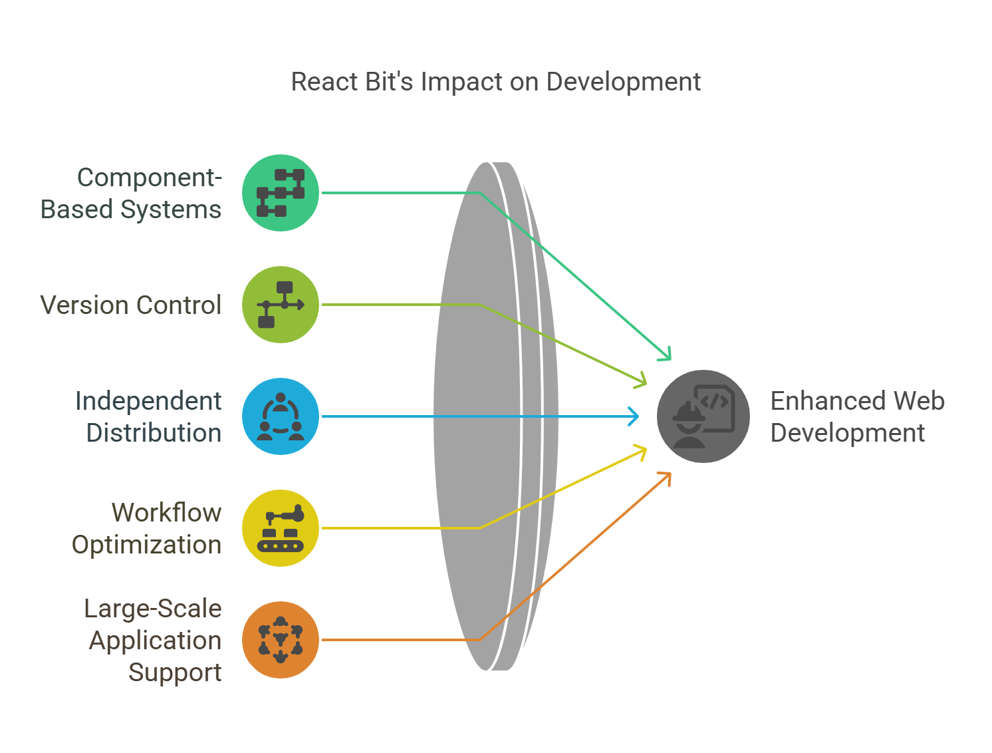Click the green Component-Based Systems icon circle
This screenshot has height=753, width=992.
point(281,193)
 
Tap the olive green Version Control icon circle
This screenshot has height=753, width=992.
point(281,305)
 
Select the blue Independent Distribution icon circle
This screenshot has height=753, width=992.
point(281,416)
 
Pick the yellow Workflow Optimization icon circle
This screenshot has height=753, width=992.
point(281,528)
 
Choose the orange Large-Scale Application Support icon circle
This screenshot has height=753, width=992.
point(281,640)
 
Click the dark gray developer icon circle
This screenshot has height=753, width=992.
point(703,416)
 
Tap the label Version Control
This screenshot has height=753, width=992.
point(130,305)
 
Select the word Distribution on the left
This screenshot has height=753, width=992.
point(154,433)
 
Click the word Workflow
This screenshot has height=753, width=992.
point(166,513)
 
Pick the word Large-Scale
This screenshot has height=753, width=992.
point(152,609)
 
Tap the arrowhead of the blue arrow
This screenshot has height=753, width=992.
point(635,416)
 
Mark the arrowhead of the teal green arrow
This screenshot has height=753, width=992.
point(666,357)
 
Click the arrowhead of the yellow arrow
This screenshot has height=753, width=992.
point(642,451)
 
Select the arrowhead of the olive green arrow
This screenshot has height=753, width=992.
point(642,382)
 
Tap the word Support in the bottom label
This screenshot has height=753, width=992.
point(174,673)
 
